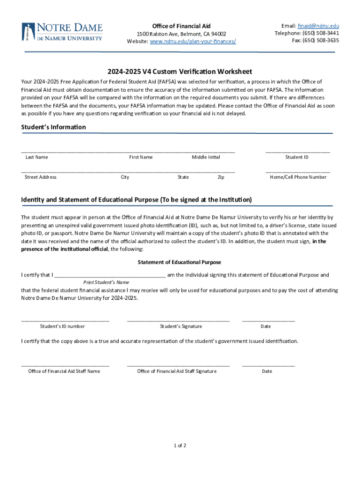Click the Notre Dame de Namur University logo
coord(62,31)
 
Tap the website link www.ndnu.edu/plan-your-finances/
coord(193,41)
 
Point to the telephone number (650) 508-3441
coord(320,33)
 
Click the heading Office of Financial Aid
coord(181,25)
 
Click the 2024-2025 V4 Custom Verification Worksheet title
coord(180,72)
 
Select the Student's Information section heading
coord(53,127)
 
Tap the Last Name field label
coord(36,157)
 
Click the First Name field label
coord(141,157)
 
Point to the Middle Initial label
coord(206,157)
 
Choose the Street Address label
coord(40,177)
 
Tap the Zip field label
coord(221,177)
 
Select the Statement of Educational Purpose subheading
coord(180,262)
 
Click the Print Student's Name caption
coord(106,283)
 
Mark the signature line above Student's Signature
coord(178,321)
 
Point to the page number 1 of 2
coord(180,445)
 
